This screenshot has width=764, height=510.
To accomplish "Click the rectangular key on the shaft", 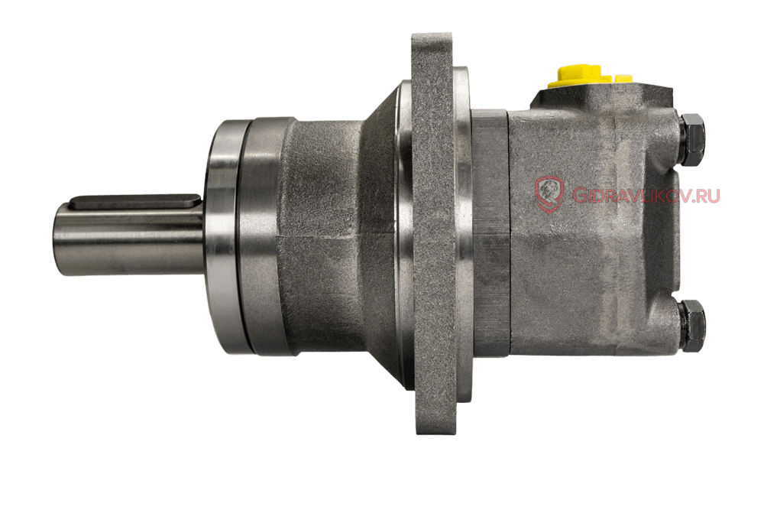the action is [136, 202].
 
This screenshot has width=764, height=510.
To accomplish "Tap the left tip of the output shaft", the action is [53, 239].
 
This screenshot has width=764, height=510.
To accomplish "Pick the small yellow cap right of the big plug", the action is [623, 78].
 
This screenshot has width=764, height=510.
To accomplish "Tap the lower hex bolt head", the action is [692, 326].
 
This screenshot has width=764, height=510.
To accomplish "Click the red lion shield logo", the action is [550, 194].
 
